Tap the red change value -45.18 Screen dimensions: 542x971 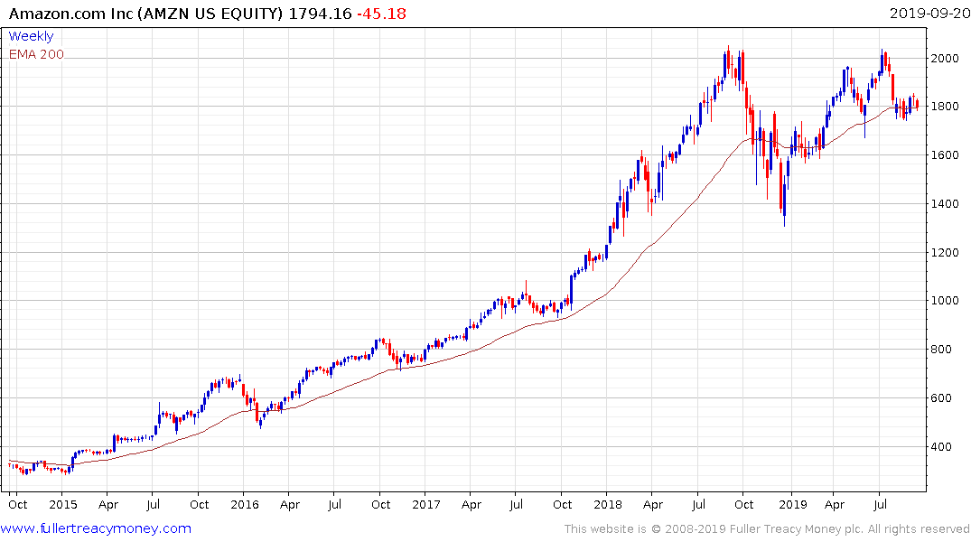point(384,14)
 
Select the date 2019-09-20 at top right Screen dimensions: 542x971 point(927,14)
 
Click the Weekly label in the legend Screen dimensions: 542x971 point(31,36)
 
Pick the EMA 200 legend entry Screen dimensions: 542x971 point(36,54)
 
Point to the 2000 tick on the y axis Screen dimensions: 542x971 point(945,59)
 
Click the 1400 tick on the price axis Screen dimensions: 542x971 point(945,204)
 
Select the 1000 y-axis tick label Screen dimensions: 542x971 point(945,302)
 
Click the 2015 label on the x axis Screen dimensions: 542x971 point(62,504)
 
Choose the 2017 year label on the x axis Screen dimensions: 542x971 point(426,504)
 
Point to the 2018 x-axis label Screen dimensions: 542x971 point(609,504)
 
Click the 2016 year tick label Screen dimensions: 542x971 point(244,504)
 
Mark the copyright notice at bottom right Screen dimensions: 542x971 point(767,528)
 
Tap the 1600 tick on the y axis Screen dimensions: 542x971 point(945,155)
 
